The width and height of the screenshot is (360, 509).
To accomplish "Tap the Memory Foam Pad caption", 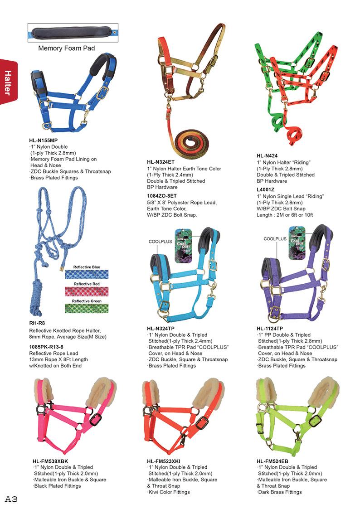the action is [x=66, y=48].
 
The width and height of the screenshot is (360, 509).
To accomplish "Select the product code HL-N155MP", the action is [x=44, y=141].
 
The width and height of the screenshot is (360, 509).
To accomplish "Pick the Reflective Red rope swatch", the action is [x=87, y=291].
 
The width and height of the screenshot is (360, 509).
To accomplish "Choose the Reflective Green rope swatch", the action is [x=87, y=308].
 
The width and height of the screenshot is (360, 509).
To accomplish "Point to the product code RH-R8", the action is [x=37, y=323].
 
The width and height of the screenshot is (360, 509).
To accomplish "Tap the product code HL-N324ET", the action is [x=161, y=162].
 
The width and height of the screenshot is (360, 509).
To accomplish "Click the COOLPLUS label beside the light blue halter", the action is [x=160, y=242].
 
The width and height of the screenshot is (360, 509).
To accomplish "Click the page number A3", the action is [x=11, y=499].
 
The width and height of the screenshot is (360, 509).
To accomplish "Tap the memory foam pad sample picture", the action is [x=73, y=33].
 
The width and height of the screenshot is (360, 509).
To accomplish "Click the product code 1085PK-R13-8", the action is [x=46, y=347].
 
